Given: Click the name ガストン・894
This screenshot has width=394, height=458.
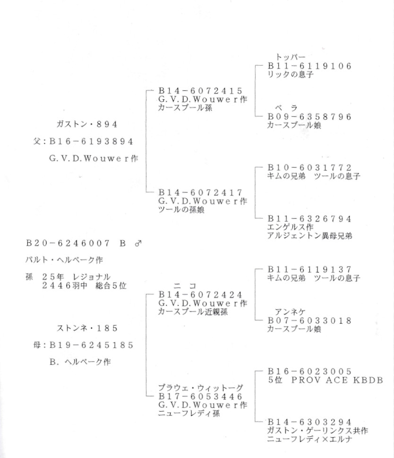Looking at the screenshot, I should point(86,124).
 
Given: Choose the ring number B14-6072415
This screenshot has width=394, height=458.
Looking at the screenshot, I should point(200,90).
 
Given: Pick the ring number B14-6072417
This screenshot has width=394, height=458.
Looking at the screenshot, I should point(200,193).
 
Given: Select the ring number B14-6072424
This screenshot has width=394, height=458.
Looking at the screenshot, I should point(200,294).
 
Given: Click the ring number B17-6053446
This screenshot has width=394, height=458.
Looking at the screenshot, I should point(200,396).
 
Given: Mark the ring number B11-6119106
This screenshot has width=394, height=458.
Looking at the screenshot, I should point(309,66).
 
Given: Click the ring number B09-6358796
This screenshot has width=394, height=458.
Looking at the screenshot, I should point(309,117).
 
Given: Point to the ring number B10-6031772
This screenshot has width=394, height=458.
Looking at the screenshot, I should point(309,168).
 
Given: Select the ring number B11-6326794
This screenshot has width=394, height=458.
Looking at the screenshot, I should point(309,219).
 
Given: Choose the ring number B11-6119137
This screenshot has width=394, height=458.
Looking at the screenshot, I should point(309,270).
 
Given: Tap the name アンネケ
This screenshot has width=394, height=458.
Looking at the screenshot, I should point(292,312).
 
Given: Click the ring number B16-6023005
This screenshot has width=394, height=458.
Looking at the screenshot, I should point(309,371).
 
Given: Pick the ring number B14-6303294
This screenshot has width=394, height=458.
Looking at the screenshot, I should point(309,422).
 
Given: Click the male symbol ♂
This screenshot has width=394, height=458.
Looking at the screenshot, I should point(138,244).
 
